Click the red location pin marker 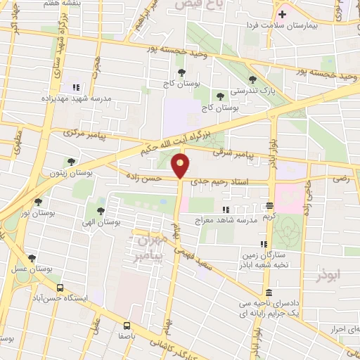point(181,166)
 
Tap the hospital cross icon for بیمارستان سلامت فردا point(282,13)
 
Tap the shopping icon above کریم point(269,206)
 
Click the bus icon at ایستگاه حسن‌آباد point(59,288)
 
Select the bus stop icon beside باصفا point(127,326)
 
